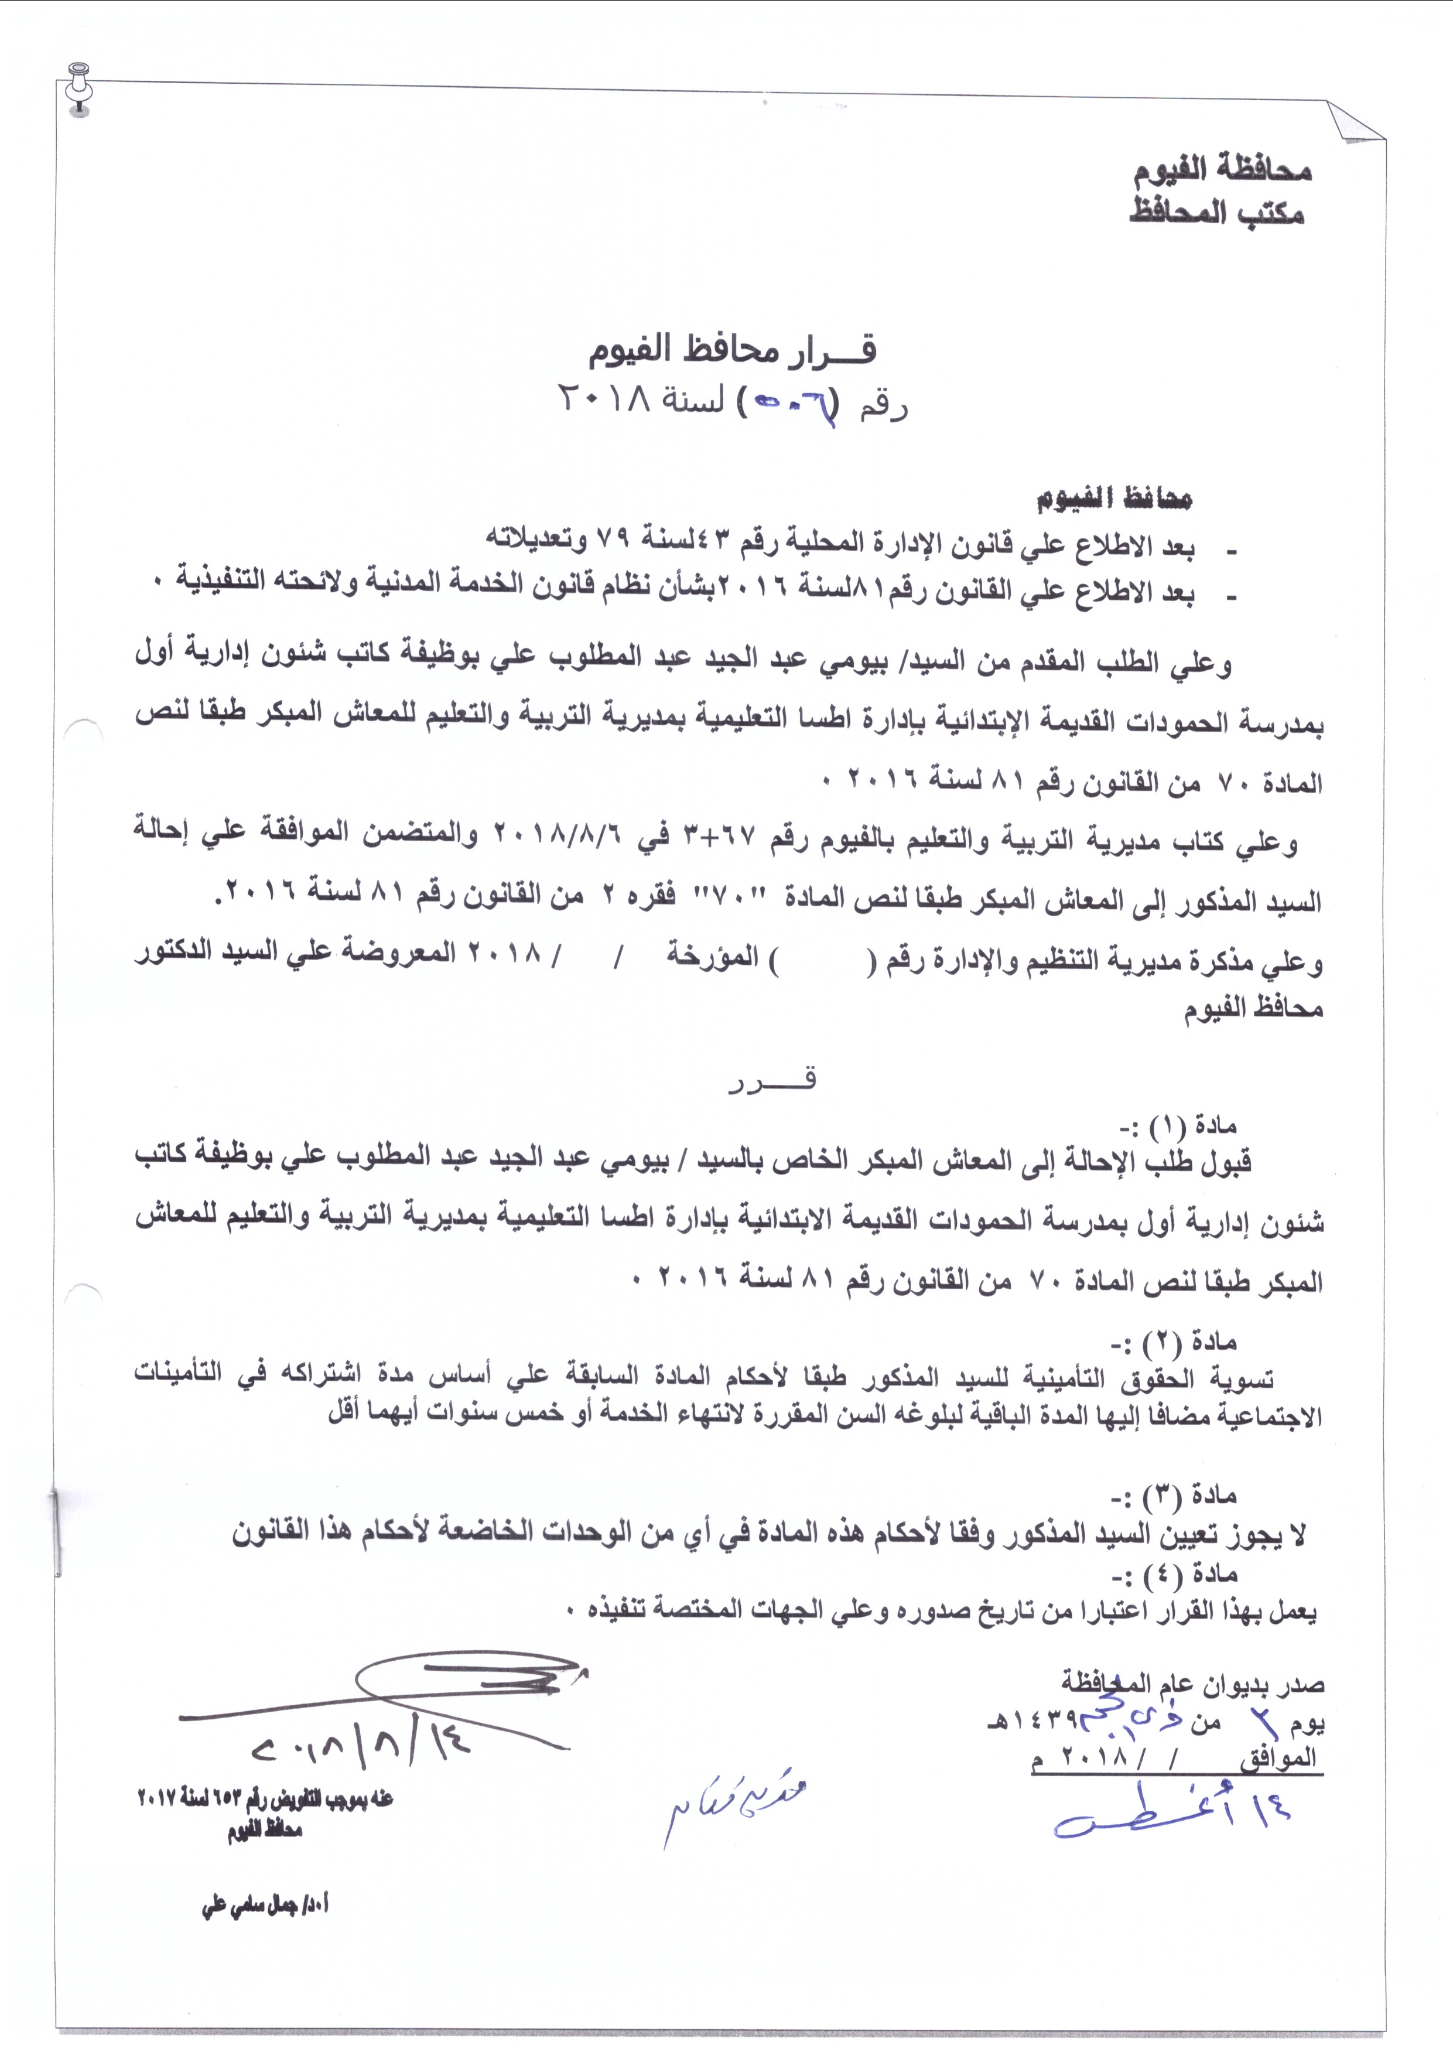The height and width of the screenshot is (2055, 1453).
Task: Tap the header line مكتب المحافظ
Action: point(1217,214)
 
